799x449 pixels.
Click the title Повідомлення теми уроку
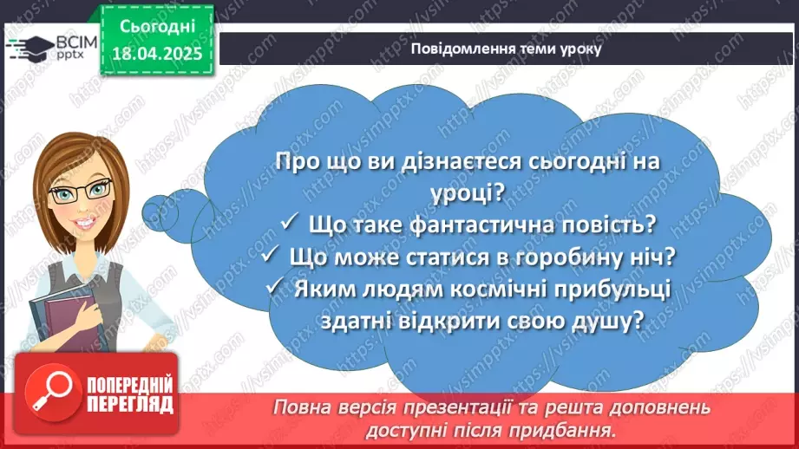(x=506, y=49)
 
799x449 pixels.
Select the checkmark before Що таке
(x=289, y=224)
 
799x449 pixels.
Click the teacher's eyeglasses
(x=81, y=190)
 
